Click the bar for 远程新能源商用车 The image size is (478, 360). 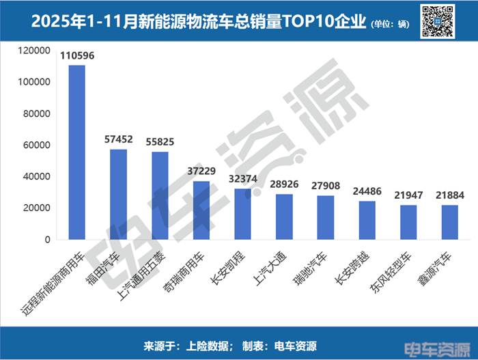tap(76, 152)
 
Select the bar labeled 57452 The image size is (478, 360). tap(118, 195)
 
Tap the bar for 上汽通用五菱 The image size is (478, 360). tap(160, 196)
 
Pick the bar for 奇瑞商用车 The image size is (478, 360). tap(201, 210)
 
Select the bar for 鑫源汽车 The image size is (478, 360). tap(449, 223)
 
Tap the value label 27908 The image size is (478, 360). tap(326, 186)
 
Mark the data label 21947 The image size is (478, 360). tap(408, 195)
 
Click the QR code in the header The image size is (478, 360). tap(438, 21)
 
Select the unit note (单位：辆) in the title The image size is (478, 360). tap(389, 24)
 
